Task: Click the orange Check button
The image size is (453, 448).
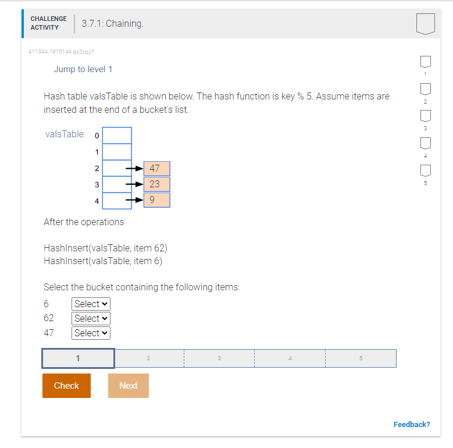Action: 66,386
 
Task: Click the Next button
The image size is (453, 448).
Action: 129,386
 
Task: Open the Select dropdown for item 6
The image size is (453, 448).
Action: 91,304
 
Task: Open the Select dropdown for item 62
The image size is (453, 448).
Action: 91,318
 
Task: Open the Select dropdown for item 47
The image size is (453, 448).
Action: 91,333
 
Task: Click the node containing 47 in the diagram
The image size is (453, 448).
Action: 157,169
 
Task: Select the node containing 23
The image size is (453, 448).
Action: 157,184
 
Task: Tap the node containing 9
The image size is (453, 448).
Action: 157,200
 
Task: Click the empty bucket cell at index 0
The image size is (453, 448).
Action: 117,136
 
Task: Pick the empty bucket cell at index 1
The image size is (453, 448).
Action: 117,152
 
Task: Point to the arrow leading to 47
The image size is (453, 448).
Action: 134,169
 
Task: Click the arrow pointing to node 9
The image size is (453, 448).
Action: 134,200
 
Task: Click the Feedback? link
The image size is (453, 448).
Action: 412,424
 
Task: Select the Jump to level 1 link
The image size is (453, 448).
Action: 83,69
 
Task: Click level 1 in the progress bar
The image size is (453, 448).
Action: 78,358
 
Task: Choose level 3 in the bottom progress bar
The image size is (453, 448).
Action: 219,358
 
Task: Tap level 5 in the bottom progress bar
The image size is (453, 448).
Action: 361,358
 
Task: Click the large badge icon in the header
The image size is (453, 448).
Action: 426,23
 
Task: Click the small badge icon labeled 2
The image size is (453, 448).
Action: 426,89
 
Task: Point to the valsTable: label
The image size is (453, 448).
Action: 65,134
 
